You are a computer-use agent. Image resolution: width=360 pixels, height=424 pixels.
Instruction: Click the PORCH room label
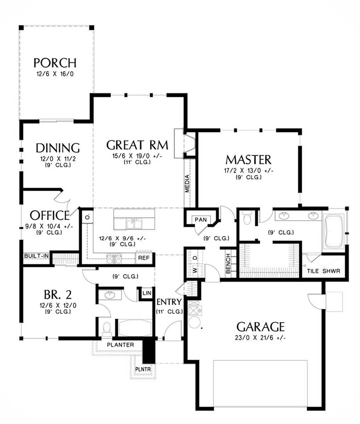coord(55,63)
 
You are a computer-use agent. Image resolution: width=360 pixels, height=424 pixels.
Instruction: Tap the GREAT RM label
coord(137,145)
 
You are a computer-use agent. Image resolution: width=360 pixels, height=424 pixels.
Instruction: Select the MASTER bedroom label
coord(248,160)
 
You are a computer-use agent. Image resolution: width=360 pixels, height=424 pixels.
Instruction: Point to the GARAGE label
coord(260,327)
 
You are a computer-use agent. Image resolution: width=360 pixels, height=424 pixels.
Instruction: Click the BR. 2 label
coord(58,295)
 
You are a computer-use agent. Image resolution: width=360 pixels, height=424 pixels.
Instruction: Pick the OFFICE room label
coord(50,216)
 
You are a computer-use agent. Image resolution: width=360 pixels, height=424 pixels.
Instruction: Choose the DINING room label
coord(58,148)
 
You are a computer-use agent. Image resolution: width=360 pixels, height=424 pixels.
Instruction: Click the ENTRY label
coord(169,302)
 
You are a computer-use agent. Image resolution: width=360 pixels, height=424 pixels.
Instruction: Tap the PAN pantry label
coord(201,220)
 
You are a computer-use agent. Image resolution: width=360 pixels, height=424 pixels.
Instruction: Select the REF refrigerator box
coord(144,258)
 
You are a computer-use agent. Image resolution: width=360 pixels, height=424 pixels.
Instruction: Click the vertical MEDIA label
coord(187,183)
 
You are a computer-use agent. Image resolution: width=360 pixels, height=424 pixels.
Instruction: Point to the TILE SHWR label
coord(323,271)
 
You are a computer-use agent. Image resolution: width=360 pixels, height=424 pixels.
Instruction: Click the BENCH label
coord(228,264)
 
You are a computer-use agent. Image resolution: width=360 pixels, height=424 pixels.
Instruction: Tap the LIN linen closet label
coord(147,293)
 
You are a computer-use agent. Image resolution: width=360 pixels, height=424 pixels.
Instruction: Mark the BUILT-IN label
coord(37,256)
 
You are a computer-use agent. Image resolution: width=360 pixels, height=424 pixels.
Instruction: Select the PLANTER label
coord(121,345)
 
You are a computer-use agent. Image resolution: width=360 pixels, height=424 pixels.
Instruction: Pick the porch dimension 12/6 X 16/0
coord(55,74)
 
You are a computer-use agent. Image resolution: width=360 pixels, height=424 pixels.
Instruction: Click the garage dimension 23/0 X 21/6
coord(261,338)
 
